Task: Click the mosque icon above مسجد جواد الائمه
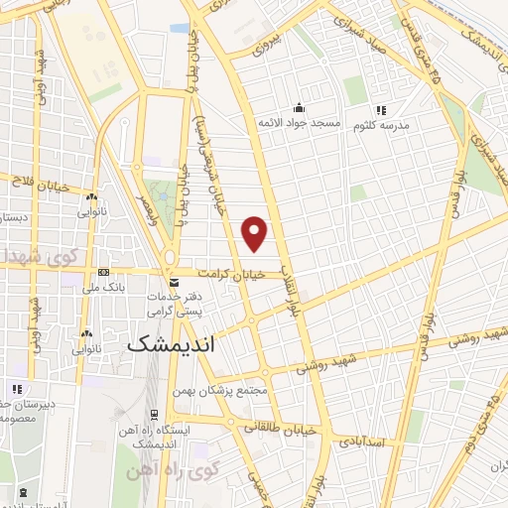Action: tap(300, 108)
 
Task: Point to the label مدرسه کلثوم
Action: tap(403, 125)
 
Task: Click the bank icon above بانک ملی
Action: tap(104, 273)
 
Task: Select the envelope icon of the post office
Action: tap(175, 284)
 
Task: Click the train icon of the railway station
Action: tap(154, 414)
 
